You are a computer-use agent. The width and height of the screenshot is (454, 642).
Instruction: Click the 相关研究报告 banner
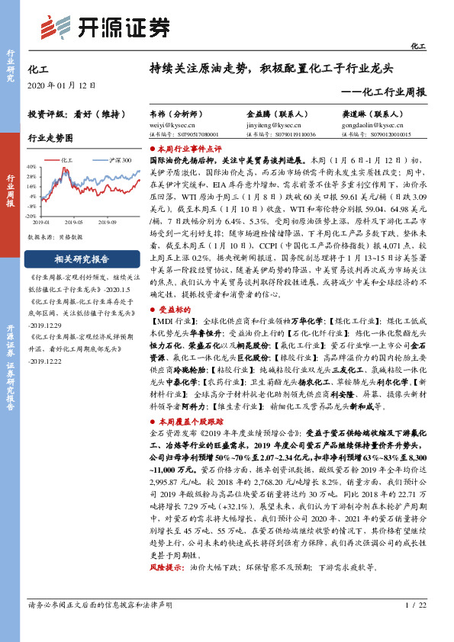click(82, 259)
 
